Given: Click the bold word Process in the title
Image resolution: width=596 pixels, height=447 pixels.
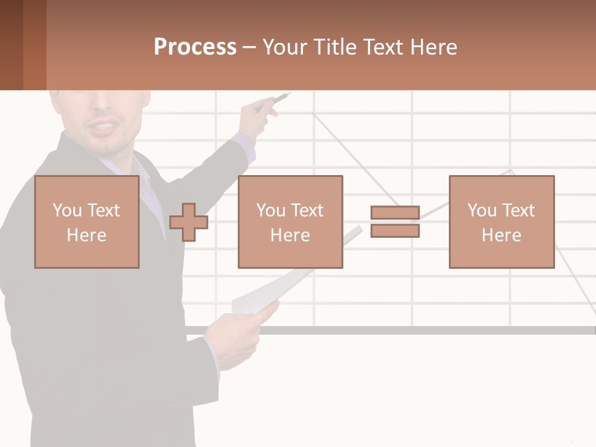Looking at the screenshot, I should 195,47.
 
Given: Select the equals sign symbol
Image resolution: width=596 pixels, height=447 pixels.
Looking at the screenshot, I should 395,222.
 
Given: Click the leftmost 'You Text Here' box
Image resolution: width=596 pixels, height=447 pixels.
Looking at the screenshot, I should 87,222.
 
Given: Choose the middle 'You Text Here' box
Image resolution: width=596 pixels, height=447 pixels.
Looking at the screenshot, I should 290,222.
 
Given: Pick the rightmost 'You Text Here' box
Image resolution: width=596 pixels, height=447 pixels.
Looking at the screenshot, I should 501,222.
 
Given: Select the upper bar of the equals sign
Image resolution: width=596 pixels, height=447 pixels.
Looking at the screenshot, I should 395,213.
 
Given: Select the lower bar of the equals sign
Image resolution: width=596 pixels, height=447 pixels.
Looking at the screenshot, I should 395,231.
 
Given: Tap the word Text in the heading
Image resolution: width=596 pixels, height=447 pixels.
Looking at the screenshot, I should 382,47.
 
